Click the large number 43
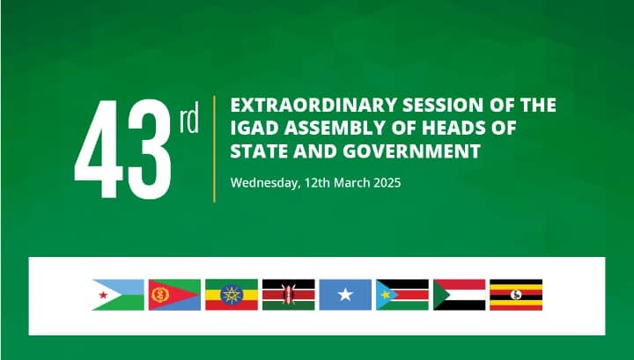123,149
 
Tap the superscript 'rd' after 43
188,117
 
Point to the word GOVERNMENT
411,151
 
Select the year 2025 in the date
387,183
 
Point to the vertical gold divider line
214,149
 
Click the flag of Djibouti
118,295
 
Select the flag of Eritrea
174,295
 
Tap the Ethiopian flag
232,295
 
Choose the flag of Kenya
288,295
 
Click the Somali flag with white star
345,295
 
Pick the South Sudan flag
402,295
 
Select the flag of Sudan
460,295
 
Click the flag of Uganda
516,295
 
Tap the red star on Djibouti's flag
103,295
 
